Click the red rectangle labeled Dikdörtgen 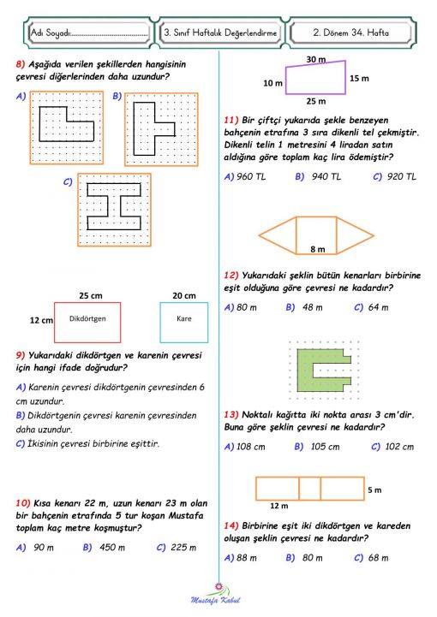point(87,322)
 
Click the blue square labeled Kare point(183,322)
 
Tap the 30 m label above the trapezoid point(315,59)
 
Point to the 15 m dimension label point(359,77)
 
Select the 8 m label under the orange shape point(317,249)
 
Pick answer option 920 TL point(399,176)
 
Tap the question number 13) point(230,412)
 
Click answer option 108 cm point(249,447)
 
